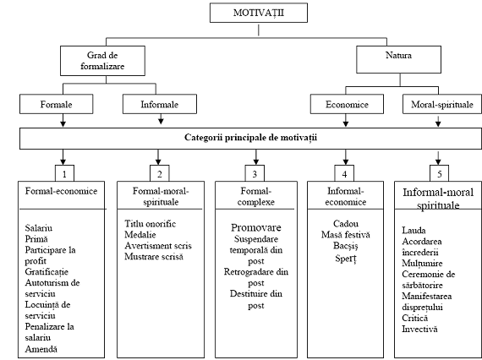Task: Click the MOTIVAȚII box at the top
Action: [259, 13]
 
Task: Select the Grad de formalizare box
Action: [102, 61]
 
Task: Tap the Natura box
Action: [398, 60]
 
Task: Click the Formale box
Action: [57, 104]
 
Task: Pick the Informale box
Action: [160, 104]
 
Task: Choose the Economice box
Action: [347, 104]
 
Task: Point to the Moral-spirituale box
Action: [442, 104]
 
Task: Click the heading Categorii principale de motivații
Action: [250, 137]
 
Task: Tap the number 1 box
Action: [64, 173]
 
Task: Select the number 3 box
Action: [255, 173]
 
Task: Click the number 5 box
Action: [439, 173]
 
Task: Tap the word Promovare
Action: [256, 227]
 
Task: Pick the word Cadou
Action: [346, 224]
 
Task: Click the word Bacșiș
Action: [346, 246]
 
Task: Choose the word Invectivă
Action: [419, 329]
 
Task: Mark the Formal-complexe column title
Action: [256, 197]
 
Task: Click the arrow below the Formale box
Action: [63, 120]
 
